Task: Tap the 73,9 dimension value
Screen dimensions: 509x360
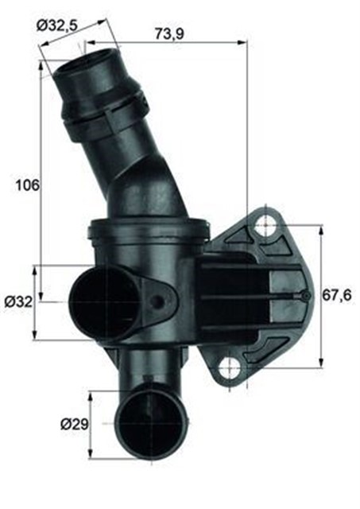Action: (164, 34)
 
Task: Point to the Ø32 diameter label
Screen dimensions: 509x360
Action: (17, 302)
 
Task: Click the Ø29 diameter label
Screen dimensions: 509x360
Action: (72, 424)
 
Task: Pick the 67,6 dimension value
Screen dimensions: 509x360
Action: (337, 296)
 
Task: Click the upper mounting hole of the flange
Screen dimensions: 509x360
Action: (265, 227)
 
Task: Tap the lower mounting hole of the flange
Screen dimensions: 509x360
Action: (230, 367)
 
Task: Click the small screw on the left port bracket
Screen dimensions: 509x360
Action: (160, 301)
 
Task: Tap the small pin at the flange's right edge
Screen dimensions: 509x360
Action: (306, 297)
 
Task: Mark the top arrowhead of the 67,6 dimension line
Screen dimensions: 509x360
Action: (320, 228)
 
